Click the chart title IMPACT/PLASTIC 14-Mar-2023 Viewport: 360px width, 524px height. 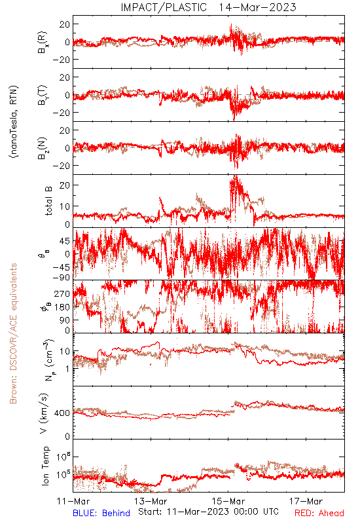click(208, 7)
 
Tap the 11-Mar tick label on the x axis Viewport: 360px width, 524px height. click(73, 501)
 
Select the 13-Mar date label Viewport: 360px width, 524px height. click(151, 501)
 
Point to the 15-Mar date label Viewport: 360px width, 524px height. click(228, 501)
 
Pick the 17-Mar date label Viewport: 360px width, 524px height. click(306, 501)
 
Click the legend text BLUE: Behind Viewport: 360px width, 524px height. click(101, 513)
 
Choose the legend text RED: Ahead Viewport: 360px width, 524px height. click(319, 513)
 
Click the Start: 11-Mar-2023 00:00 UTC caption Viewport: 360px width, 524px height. click(208, 512)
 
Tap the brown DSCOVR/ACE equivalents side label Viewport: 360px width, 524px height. click(13, 333)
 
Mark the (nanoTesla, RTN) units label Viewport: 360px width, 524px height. click(14, 122)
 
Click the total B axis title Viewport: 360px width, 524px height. click(48, 201)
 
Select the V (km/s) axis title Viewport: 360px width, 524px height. click(44, 413)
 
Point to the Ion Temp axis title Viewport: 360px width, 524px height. click(45, 466)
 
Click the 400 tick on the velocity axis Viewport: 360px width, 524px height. click(62, 413)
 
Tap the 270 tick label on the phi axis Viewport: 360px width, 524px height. click(62, 293)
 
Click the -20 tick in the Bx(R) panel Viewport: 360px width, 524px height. click(61, 60)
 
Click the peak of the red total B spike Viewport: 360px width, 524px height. click(236, 175)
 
